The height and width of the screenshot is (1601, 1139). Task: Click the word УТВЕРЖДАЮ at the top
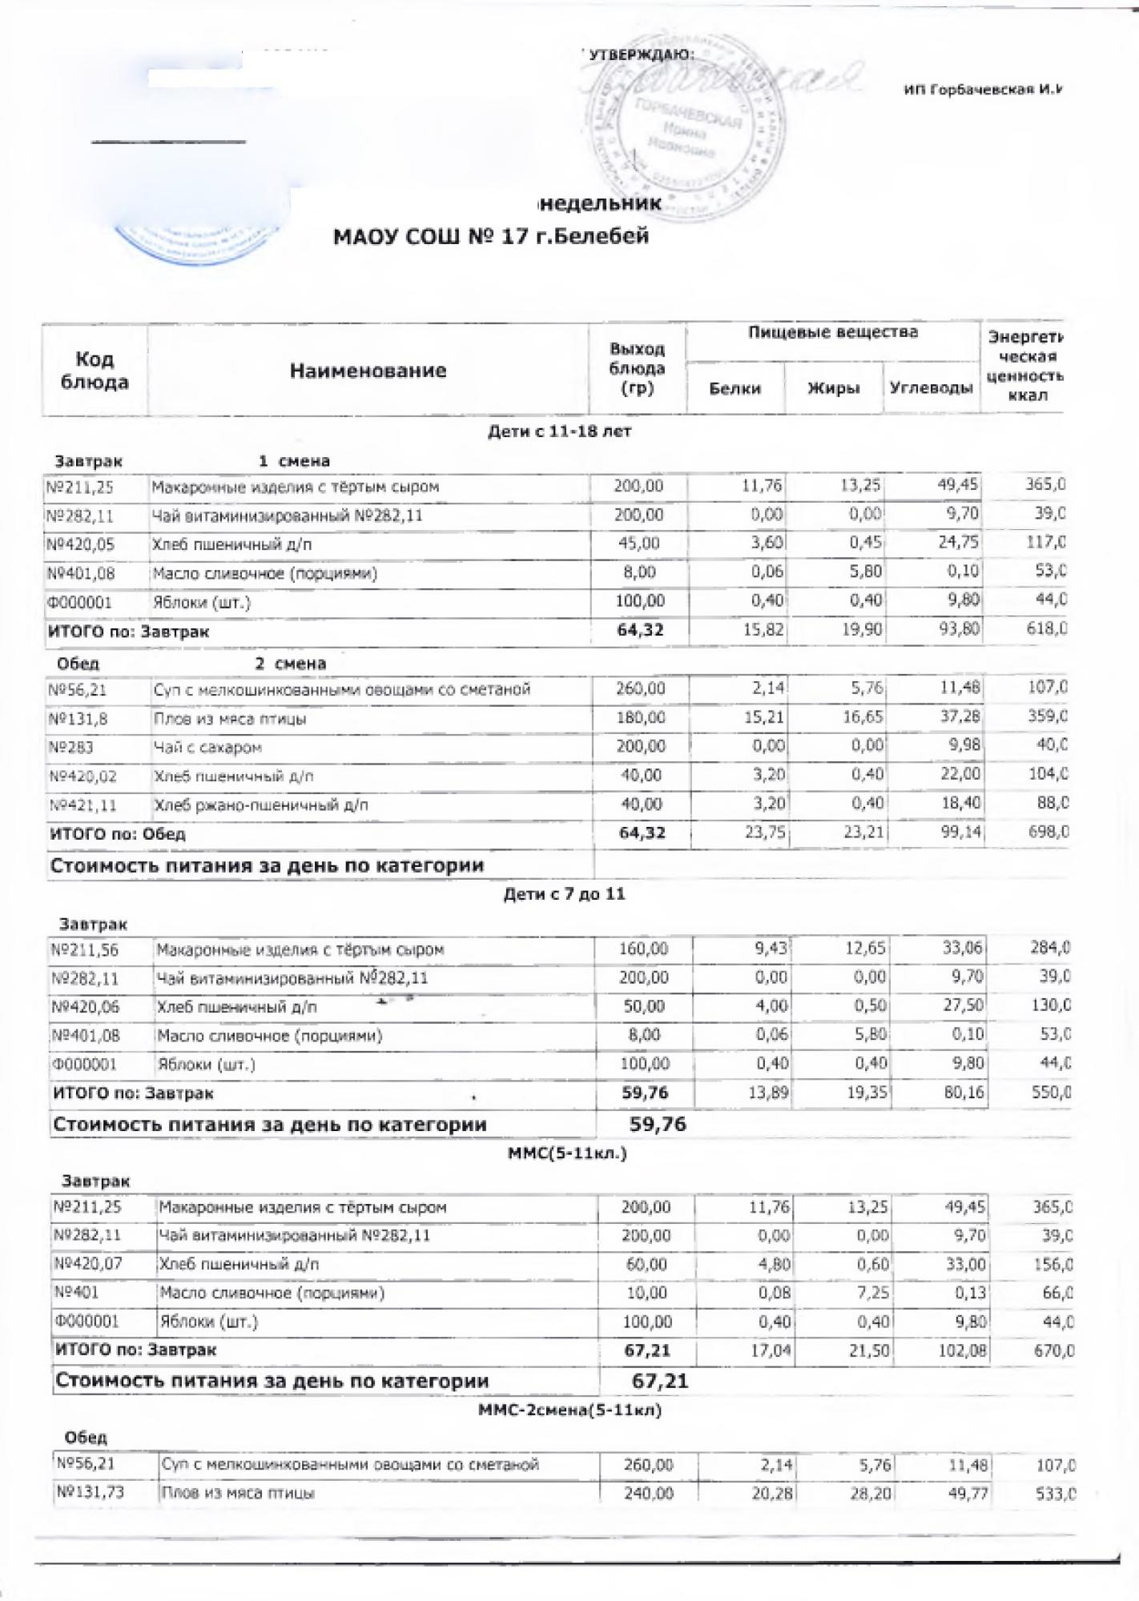tap(642, 54)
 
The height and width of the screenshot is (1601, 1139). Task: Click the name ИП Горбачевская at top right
tap(982, 90)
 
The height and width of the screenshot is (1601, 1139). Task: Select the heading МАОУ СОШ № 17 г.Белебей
tap(490, 237)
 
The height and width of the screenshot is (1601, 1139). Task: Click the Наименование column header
tap(368, 371)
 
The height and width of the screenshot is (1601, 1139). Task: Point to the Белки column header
tap(735, 389)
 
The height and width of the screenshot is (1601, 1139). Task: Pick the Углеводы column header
tap(931, 389)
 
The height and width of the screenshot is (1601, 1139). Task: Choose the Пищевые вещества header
tap(833, 332)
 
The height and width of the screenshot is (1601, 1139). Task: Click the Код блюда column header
tap(95, 371)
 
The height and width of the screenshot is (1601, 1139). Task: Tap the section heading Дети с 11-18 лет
tap(560, 431)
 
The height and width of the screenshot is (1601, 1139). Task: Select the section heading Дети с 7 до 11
tap(564, 894)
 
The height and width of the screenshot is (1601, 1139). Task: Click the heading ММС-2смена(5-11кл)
tap(569, 1410)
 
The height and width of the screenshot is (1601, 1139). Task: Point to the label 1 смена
tap(294, 461)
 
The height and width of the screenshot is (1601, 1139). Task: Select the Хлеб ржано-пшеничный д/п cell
tap(260, 805)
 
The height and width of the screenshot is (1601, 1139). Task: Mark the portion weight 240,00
tap(648, 1494)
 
